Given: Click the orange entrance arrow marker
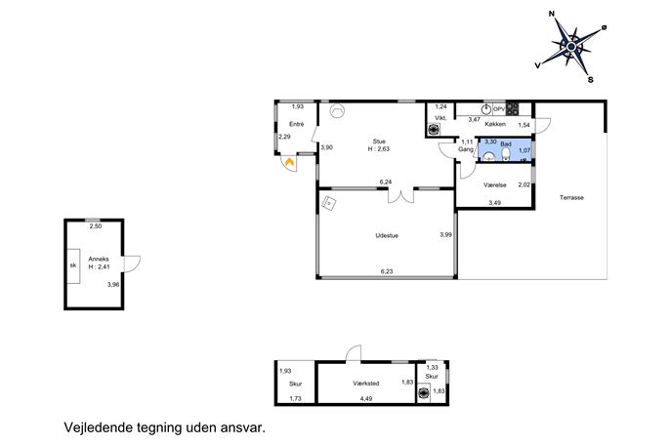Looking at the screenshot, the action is coord(290,162).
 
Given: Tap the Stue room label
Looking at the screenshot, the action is coord(379,142).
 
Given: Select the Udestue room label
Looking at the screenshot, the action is coord(387,235).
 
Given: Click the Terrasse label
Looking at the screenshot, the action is coord(571,197).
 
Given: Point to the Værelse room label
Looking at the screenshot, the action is coord(495,185).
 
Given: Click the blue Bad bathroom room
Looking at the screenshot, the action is coord(505,150).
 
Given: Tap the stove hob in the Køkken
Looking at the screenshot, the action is coord(512,109).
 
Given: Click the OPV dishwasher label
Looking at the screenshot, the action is coord(499,109).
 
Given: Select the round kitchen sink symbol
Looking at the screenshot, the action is coord(487,108).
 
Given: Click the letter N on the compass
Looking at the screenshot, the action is coord(552,14).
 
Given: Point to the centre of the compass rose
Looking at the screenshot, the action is coord(571,46).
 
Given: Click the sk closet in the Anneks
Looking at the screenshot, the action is coord(73,265).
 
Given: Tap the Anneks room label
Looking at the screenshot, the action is coord(99,259).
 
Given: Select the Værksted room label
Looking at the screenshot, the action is coord(366,384).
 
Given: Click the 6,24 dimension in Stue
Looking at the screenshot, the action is coord(386,182).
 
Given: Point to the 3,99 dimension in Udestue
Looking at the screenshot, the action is coord(446,234).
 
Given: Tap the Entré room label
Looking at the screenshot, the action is coord(297,124).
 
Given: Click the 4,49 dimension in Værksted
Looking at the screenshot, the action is coord(366,398).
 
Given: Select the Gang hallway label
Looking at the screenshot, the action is coord(466,149).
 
